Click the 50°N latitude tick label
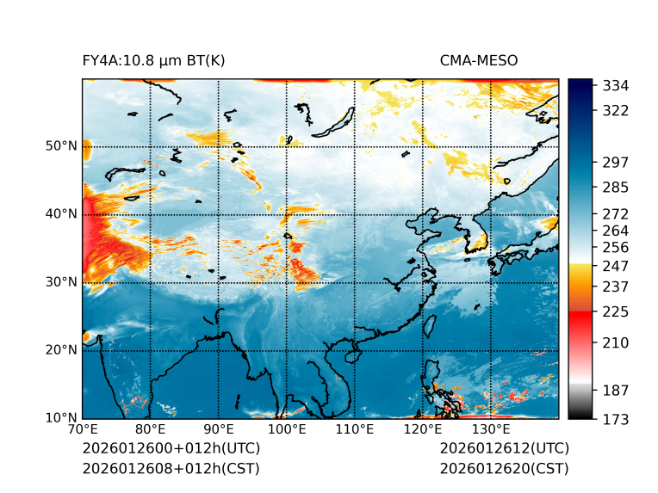(61, 146)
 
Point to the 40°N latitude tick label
(61, 214)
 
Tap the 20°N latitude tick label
(61, 350)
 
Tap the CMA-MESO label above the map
(479, 60)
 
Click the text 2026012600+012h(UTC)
(171, 449)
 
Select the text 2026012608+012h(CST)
(171, 469)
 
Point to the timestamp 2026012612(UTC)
(505, 449)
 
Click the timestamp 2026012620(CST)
(505, 469)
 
